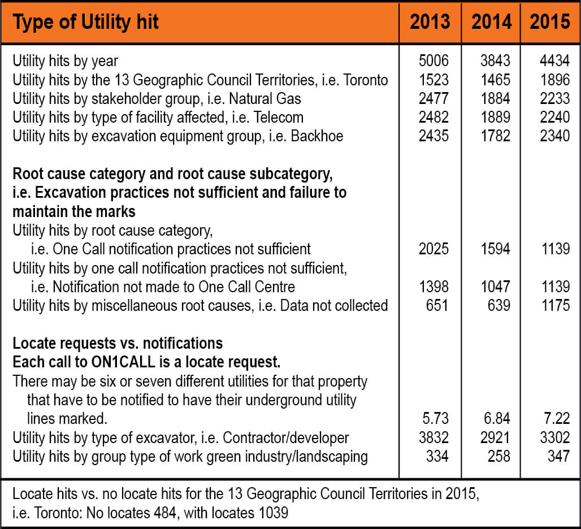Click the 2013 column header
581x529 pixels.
(x=430, y=22)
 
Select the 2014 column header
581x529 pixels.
(x=491, y=22)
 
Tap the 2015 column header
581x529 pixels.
(x=550, y=22)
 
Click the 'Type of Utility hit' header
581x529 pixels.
(x=86, y=22)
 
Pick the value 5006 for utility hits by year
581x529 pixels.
(x=433, y=61)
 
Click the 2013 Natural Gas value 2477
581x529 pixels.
(x=433, y=98)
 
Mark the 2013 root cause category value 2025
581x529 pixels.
(x=433, y=248)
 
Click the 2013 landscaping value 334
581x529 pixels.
(x=437, y=456)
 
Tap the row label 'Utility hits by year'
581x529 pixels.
(x=65, y=61)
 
